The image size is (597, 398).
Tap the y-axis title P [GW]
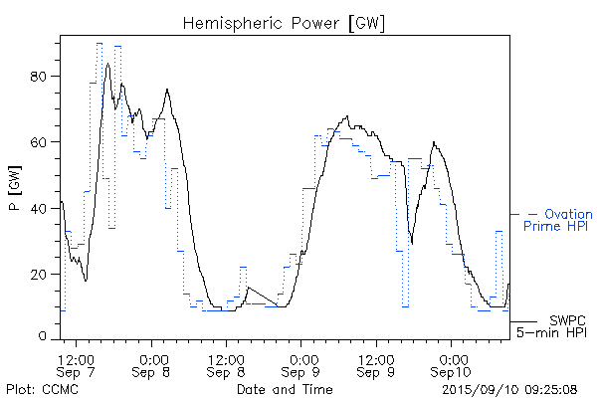(15, 189)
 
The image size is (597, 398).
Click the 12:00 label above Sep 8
(226, 357)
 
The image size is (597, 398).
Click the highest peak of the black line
(107, 64)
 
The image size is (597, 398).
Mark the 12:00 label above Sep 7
(77, 357)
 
